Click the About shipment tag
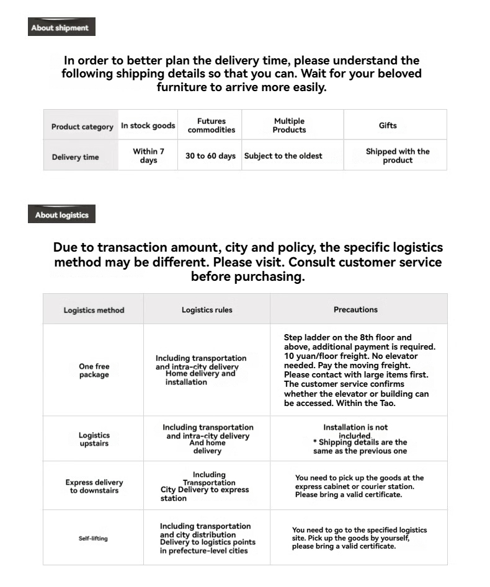pos(61,27)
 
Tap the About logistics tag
pos(61,215)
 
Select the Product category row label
pos(82,126)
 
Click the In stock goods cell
pos(148,126)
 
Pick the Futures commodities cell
pos(212,125)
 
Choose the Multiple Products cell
pos(289,125)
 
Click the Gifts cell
pos(388,125)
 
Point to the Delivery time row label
pos(75,157)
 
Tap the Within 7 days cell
pos(148,156)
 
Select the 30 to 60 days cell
pos(210,156)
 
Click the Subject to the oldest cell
pos(283,156)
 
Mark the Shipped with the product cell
pos(398,156)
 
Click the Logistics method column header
pos(94,310)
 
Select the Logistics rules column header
pos(207,309)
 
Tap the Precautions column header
pos(355,309)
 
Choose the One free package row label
pos(94,371)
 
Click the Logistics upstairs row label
pos(94,439)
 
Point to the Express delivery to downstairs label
pos(94,486)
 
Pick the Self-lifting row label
pos(93,538)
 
